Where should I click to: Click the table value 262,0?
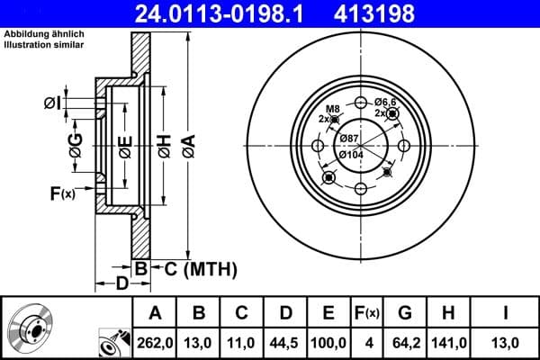click(x=154, y=342)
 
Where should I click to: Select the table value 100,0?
click(x=329, y=342)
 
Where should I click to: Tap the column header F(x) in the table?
click(x=367, y=312)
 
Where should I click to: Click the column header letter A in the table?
click(x=154, y=312)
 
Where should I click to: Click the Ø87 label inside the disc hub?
click(x=349, y=137)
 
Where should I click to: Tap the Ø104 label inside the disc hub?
click(x=351, y=154)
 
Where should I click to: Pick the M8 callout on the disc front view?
click(x=331, y=108)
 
